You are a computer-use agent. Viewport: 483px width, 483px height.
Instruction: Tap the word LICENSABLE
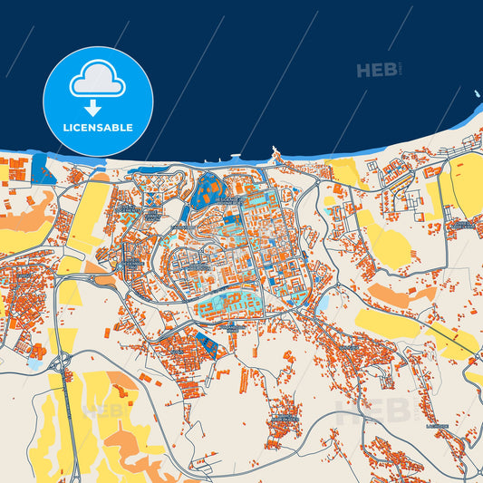[98, 128]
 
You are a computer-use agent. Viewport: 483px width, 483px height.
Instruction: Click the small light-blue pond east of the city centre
[323, 306]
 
